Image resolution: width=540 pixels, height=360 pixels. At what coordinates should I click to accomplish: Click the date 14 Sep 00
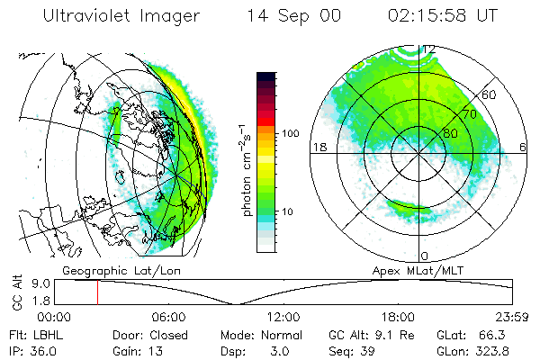click(282, 16)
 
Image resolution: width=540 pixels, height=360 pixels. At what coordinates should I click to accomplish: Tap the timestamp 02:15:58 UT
click(431, 16)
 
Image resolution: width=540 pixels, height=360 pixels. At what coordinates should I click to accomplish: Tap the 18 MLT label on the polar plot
click(318, 146)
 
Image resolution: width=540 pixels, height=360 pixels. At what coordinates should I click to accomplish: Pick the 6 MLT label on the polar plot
click(524, 146)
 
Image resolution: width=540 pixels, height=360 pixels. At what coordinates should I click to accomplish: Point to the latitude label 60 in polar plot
click(490, 94)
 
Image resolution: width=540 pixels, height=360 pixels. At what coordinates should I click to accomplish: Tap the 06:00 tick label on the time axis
click(169, 317)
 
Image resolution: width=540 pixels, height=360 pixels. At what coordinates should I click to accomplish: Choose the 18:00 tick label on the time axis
click(398, 317)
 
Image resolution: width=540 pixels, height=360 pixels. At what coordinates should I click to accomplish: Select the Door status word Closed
click(171, 333)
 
